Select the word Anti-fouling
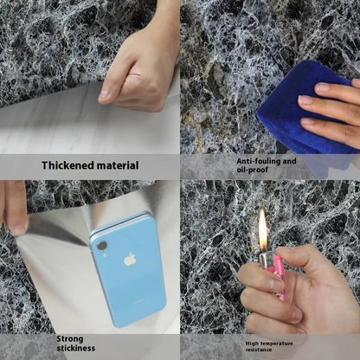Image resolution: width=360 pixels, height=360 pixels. click(258, 160)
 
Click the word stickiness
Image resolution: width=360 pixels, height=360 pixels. click(76, 350)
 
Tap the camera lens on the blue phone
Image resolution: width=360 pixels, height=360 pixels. click(101, 246)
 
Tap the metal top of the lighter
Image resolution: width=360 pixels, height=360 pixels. click(265, 259)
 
